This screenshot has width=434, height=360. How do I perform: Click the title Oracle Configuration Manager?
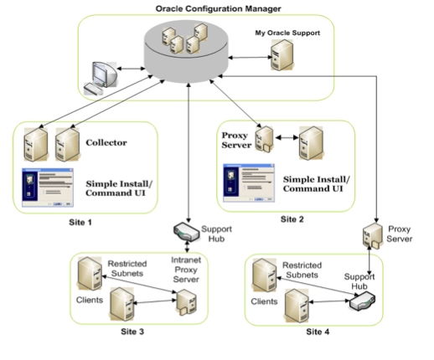[x=218, y=8]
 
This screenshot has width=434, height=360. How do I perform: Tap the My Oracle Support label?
[x=288, y=33]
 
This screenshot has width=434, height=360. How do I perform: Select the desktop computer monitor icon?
[x=98, y=76]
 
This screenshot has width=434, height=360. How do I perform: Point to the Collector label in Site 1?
[x=106, y=142]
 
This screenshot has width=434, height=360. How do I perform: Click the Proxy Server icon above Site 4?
[x=369, y=238]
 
